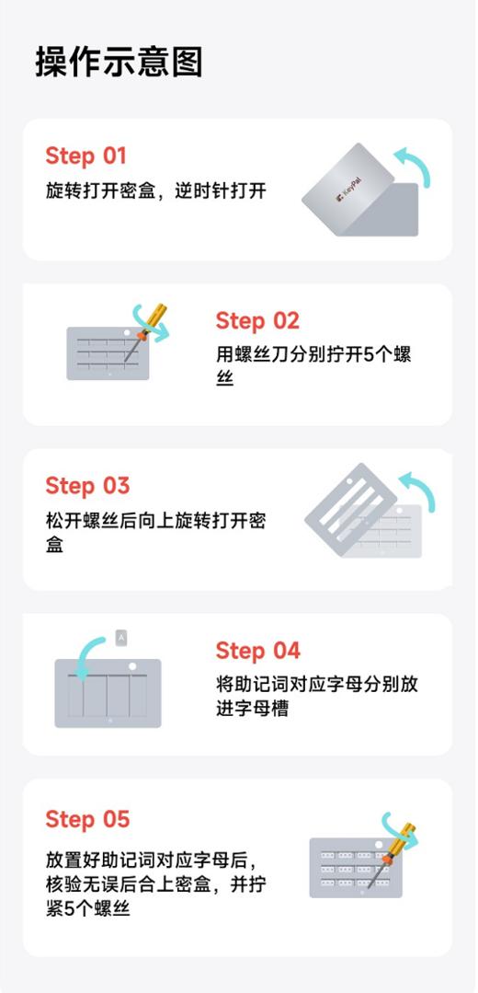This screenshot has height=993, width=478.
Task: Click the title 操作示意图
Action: click(x=119, y=62)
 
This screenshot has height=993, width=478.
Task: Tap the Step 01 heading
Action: click(x=85, y=156)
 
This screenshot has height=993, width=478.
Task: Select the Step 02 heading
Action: click(x=257, y=320)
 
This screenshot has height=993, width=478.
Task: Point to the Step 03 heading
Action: click(x=87, y=485)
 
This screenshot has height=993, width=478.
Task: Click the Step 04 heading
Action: click(x=257, y=651)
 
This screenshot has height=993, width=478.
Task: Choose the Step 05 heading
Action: click(x=87, y=818)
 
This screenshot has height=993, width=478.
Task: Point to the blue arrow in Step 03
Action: click(x=418, y=492)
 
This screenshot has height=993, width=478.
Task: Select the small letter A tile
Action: click(x=122, y=636)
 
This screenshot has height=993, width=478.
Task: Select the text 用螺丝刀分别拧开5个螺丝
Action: click(x=313, y=365)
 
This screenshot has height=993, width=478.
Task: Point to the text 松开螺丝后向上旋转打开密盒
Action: click(x=155, y=531)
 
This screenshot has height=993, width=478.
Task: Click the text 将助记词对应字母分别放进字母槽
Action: click(x=316, y=696)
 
